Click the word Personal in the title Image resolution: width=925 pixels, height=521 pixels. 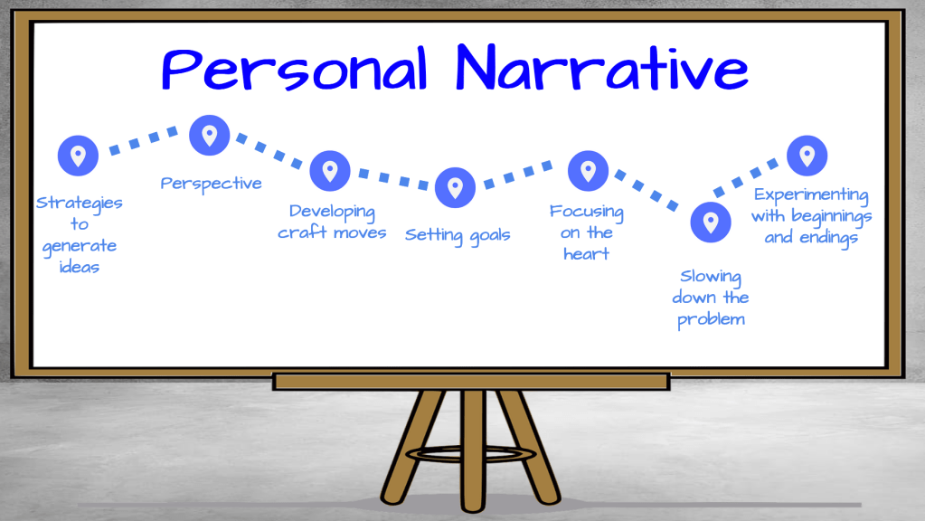(x=294, y=69)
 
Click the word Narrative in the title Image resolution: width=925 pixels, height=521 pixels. (x=601, y=67)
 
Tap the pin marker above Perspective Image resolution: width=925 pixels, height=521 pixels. (x=210, y=135)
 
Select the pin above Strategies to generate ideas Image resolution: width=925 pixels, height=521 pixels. (x=78, y=156)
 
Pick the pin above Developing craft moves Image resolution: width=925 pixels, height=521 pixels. (x=330, y=171)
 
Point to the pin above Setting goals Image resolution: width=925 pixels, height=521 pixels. (x=455, y=187)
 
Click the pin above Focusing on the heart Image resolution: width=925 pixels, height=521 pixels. (x=588, y=171)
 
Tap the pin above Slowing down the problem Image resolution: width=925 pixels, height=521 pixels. (x=711, y=222)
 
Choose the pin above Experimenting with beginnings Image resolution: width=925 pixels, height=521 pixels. (x=807, y=156)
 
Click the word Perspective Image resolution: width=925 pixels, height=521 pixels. (x=212, y=184)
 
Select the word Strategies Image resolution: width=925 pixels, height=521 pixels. (x=79, y=203)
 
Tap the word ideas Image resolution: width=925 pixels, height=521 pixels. (x=79, y=268)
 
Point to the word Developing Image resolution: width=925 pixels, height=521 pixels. (x=332, y=212)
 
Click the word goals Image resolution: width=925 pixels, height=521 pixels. (x=490, y=235)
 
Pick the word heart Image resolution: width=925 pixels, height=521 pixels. (x=587, y=254)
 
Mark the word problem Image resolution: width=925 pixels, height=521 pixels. (x=711, y=320)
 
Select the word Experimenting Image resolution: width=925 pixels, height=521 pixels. (x=811, y=195)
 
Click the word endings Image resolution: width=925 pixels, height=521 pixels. (x=829, y=238)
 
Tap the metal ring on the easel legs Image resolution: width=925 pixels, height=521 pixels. (x=471, y=454)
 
